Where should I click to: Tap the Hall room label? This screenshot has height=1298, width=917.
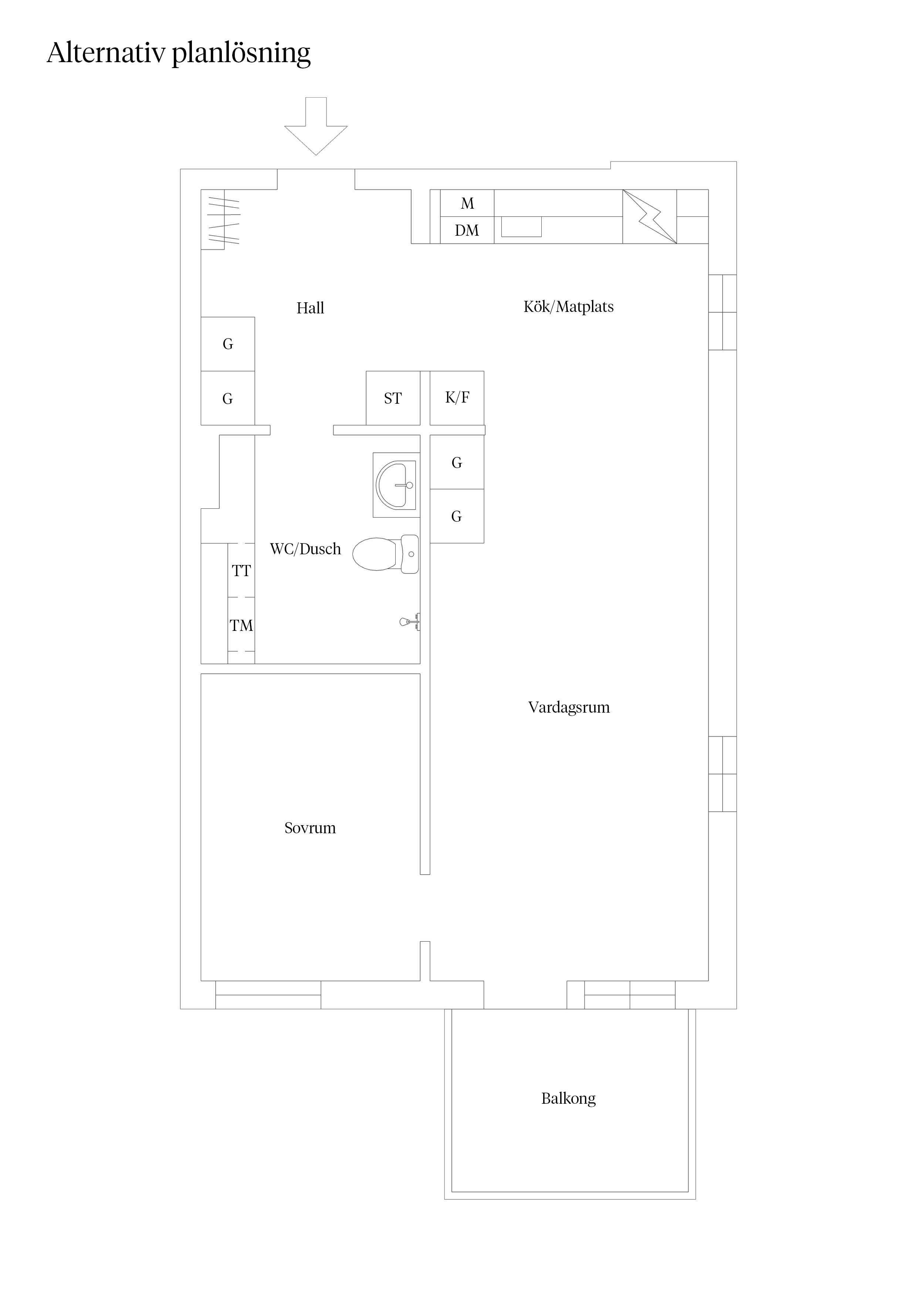tap(310, 308)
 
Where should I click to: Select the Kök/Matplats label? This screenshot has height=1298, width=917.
tap(568, 306)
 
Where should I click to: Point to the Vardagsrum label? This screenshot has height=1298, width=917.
tap(569, 707)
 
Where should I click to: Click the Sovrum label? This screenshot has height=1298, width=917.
tap(310, 828)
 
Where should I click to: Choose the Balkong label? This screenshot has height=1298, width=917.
tap(568, 1099)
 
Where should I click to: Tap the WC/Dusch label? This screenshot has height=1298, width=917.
tap(306, 549)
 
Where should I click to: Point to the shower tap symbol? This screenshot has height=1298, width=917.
tap(410, 622)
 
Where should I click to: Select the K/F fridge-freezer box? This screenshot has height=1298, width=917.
tap(457, 398)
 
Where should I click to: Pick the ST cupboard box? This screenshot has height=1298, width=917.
tap(393, 398)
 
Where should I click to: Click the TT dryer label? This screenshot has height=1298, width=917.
tap(241, 571)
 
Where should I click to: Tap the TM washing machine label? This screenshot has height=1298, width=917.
tap(241, 626)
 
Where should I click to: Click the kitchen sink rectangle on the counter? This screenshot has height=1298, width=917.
tap(521, 227)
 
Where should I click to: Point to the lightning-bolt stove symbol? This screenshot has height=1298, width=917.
tap(650, 216)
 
